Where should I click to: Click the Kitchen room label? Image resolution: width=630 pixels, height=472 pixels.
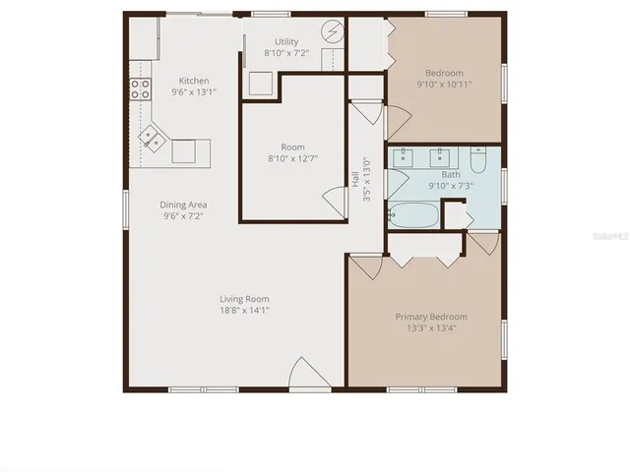(x=193, y=81)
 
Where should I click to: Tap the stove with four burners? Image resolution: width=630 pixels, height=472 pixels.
(x=141, y=89)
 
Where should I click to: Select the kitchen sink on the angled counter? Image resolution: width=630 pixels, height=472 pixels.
(x=152, y=137)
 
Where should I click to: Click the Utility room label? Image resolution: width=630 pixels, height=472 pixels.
(x=286, y=42)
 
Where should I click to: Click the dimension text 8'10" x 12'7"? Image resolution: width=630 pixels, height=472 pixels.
(x=292, y=158)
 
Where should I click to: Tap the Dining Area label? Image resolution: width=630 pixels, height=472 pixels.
(x=183, y=205)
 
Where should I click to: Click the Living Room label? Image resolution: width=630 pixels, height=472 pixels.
(x=244, y=299)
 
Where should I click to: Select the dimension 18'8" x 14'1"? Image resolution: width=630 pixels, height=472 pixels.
(x=244, y=311)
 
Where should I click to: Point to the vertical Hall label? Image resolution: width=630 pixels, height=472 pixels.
(x=355, y=180)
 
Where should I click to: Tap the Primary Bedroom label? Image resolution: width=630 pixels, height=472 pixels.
(x=431, y=317)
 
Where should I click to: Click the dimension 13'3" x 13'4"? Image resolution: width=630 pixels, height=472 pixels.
(x=431, y=328)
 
